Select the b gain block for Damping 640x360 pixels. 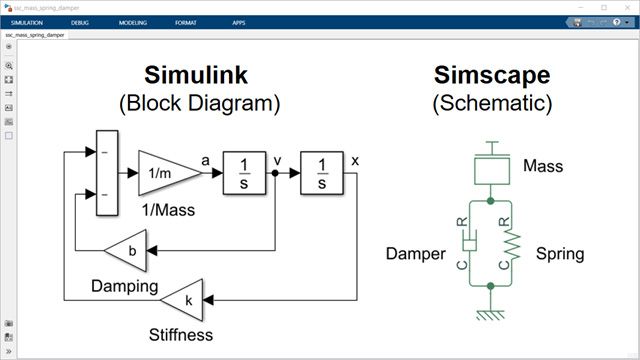tap(127, 250)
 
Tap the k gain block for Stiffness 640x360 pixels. tap(185, 298)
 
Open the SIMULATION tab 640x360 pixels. tap(28, 21)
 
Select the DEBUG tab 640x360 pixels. tap(80, 21)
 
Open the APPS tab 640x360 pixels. tap(238, 21)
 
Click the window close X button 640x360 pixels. tap(625, 6)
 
